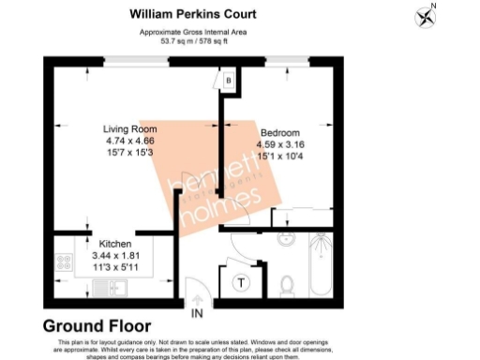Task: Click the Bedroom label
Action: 280,133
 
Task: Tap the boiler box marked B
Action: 228,82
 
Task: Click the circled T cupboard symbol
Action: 241,282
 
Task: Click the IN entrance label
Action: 198,312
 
